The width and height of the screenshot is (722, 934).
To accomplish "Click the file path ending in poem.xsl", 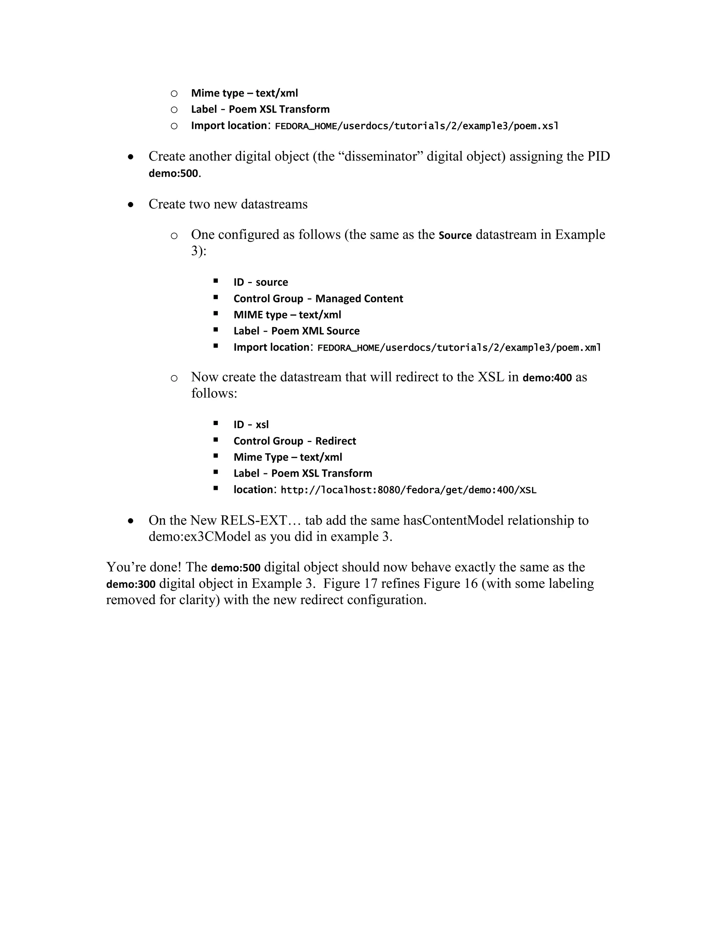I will pyautogui.click(x=417, y=126).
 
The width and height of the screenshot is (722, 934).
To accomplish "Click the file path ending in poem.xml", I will pyautogui.click(x=459, y=348).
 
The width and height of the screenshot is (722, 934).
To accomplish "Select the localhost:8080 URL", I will pyautogui.click(x=408, y=490).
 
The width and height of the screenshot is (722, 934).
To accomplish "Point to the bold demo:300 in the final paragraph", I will pyautogui.click(x=131, y=584).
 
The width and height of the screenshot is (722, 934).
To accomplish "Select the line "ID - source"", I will pyautogui.click(x=261, y=282).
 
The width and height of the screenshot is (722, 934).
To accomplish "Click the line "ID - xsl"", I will pyautogui.click(x=251, y=425).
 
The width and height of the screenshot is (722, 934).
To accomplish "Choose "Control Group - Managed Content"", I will pyautogui.click(x=318, y=299).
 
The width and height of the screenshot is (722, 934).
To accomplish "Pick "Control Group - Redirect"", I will pyautogui.click(x=295, y=441).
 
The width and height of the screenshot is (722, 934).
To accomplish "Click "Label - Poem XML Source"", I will pyautogui.click(x=296, y=331).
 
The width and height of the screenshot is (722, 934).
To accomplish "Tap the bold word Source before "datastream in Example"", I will pyautogui.click(x=455, y=235).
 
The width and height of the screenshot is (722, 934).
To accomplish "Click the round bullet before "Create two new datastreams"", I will pyautogui.click(x=131, y=205).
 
